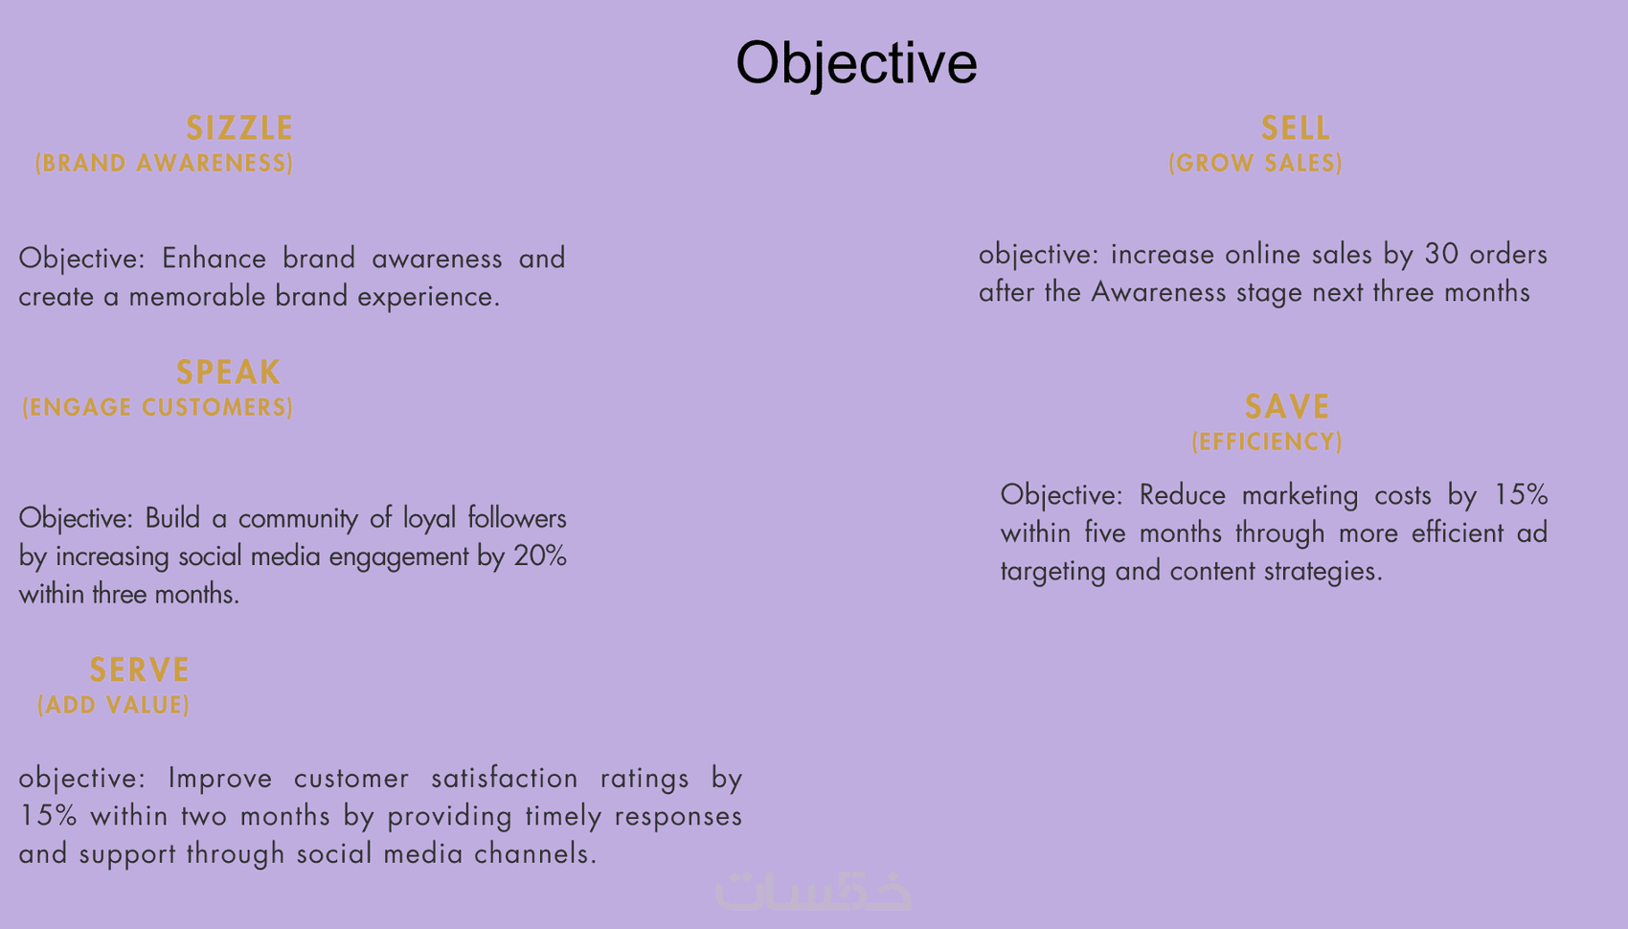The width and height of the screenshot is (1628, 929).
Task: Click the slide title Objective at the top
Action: pos(856,64)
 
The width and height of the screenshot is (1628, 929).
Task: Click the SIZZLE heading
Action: pos(239,128)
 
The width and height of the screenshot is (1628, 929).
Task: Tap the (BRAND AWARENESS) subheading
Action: pos(165,163)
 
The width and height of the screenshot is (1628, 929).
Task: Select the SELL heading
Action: pos(1295,128)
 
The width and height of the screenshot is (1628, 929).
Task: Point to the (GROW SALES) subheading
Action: pos(1255,163)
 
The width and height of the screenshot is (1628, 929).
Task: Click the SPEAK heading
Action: pos(228,373)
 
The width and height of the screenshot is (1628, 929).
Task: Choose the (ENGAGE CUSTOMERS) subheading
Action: pos(158,407)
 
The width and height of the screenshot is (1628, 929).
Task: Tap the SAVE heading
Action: pos(1287,406)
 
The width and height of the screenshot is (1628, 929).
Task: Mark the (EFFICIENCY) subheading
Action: pos(1267,442)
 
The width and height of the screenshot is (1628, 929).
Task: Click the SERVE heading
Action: pos(140,669)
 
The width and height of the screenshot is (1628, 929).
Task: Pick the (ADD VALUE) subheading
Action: pos(113,704)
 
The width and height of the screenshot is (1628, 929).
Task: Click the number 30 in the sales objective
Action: pos(1441,254)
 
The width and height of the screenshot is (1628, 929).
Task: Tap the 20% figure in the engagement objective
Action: pos(540,556)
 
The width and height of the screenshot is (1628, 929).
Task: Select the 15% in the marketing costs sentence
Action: pos(1521,495)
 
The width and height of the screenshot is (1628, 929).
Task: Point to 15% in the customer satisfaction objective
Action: pos(48,816)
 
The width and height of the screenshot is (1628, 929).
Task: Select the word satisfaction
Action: pos(505,778)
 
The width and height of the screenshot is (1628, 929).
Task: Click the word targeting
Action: pos(1052,572)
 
